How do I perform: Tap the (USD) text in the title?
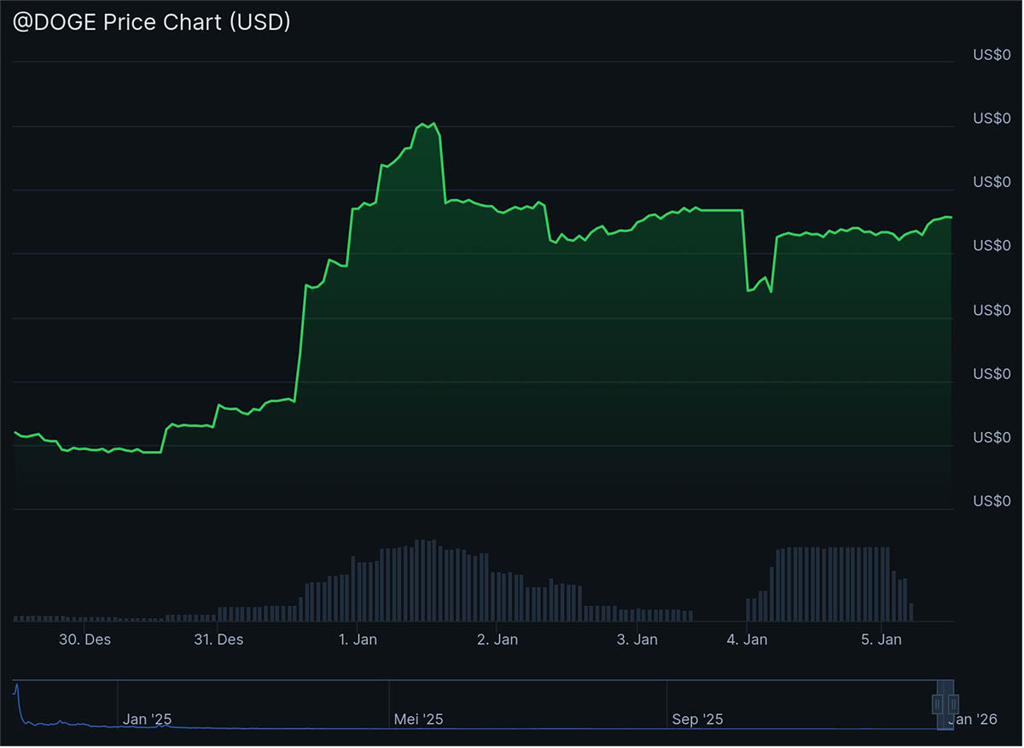[259, 23]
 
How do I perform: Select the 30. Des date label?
[84, 640]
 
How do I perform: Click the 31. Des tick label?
[218, 640]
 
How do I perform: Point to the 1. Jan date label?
[358, 640]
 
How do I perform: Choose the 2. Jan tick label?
[497, 640]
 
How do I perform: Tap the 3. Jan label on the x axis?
[636, 640]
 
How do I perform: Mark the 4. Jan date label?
[748, 640]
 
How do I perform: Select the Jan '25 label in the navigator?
[147, 720]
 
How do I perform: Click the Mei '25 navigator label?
[418, 720]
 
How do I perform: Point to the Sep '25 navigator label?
[697, 720]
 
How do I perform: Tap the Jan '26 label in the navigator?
[973, 720]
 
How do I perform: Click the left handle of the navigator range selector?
[938, 704]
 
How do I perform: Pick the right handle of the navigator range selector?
[953, 704]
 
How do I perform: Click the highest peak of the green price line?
[435, 123]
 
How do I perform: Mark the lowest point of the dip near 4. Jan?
[748, 291]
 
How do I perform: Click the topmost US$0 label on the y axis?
[992, 55]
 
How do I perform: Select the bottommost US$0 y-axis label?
[992, 501]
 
